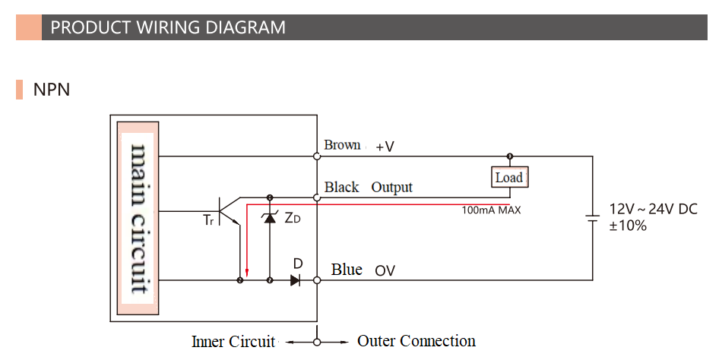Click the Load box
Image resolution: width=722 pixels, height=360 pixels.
[508, 177]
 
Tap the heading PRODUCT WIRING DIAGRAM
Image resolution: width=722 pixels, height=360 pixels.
[168, 28]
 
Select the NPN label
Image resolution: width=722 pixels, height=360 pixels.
[52, 90]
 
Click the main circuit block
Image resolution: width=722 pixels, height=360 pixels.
[138, 219]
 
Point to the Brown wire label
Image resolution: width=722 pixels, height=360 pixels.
[342, 145]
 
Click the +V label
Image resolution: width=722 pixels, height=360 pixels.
[385, 147]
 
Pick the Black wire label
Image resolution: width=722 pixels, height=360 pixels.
[341, 187]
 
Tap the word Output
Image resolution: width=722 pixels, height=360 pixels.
[391, 187]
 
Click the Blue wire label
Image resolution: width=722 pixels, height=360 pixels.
[347, 270]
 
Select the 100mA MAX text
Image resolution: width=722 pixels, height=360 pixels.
[491, 210]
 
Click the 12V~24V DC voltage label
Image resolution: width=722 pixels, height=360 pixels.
[653, 209]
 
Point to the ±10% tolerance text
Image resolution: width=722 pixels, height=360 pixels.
[628, 226]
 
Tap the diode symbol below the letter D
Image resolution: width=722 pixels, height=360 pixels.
[295, 280]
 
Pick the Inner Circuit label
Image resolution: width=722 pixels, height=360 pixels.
[233, 342]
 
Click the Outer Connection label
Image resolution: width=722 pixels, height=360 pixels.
[416, 341]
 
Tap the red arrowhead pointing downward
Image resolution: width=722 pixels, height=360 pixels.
[247, 271]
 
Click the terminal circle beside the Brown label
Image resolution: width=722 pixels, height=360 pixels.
[317, 156]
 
